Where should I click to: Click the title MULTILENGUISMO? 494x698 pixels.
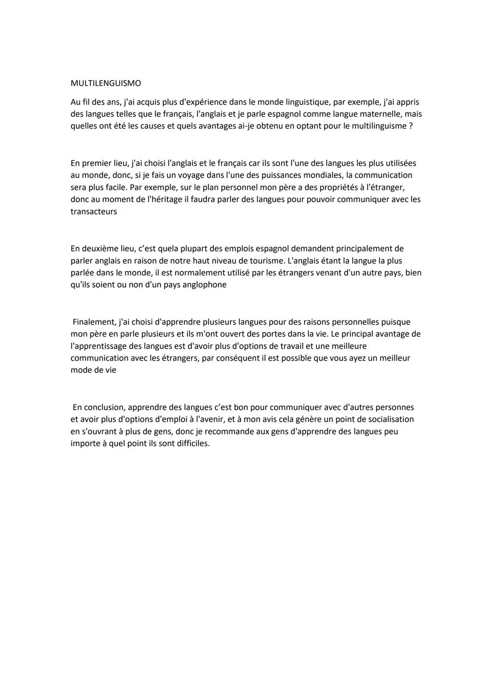(106, 83)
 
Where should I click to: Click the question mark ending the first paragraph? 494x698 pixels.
(411, 126)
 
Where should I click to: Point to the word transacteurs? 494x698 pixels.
(94, 212)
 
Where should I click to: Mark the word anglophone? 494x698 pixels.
(203, 285)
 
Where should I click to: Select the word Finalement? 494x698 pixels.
(93, 322)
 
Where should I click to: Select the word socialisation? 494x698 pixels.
(388, 419)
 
